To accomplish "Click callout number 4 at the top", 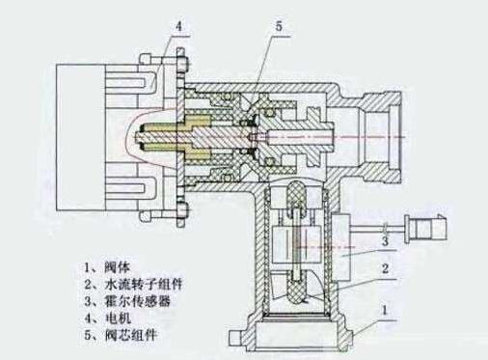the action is [x=179, y=26].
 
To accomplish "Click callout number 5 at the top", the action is [x=279, y=26].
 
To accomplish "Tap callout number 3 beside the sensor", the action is [x=385, y=240].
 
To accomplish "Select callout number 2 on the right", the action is [x=385, y=268].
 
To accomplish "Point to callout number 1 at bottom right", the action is [x=384, y=311].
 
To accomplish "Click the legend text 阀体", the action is [x=118, y=266].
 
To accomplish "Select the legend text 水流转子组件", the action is [x=144, y=284].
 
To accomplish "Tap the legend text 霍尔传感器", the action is [x=137, y=301].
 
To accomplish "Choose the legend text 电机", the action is [x=118, y=318].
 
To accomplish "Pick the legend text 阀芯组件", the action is [x=130, y=335].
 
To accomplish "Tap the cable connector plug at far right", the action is [x=425, y=228].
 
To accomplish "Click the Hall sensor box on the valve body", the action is [x=341, y=246].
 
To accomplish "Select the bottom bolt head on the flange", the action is [x=181, y=211].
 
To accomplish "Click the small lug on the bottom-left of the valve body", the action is [x=235, y=337].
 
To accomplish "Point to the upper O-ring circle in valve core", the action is [x=228, y=97].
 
